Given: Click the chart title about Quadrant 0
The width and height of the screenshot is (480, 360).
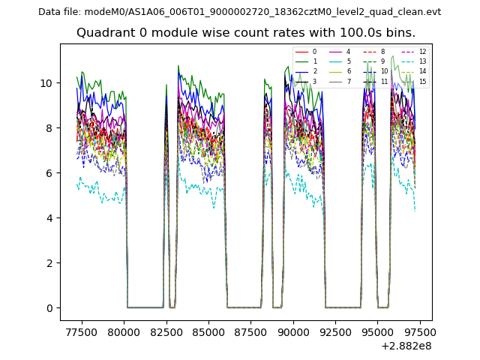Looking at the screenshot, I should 245,33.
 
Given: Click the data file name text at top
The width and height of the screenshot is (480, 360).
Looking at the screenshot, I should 239,12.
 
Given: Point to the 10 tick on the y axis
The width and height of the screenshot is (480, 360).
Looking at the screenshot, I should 46,82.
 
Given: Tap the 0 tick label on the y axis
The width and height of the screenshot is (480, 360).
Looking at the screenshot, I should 49,308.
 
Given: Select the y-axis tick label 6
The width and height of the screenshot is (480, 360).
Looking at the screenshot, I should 49,173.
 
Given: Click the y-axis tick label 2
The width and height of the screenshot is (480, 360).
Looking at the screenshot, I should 49,263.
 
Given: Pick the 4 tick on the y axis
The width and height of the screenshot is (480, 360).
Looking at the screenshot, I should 49,218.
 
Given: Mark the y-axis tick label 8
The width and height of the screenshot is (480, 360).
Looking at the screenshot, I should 49,128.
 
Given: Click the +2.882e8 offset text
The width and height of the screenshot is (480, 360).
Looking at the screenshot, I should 406,346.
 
